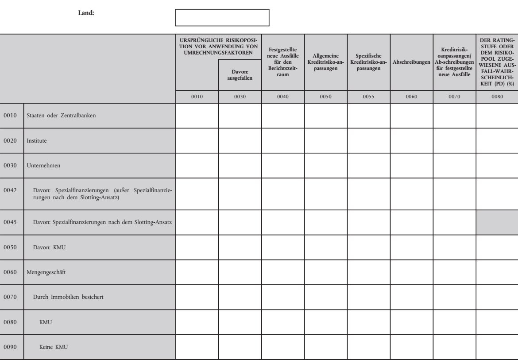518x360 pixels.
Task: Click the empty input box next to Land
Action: click(x=222, y=17)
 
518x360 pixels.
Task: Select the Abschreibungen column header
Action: click(x=411, y=61)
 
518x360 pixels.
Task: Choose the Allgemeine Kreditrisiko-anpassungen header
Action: click(x=325, y=61)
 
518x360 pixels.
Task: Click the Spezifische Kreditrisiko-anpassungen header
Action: click(x=368, y=61)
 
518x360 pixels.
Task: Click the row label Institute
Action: click(x=37, y=141)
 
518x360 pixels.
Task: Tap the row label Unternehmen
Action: click(x=43, y=166)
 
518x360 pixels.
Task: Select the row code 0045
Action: click(x=10, y=222)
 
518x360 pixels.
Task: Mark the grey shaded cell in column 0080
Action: click(x=497, y=222)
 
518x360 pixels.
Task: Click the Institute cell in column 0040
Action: click(x=282, y=141)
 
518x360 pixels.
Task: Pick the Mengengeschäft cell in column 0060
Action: click(x=411, y=272)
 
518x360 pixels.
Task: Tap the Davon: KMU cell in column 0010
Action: click(x=197, y=248)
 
